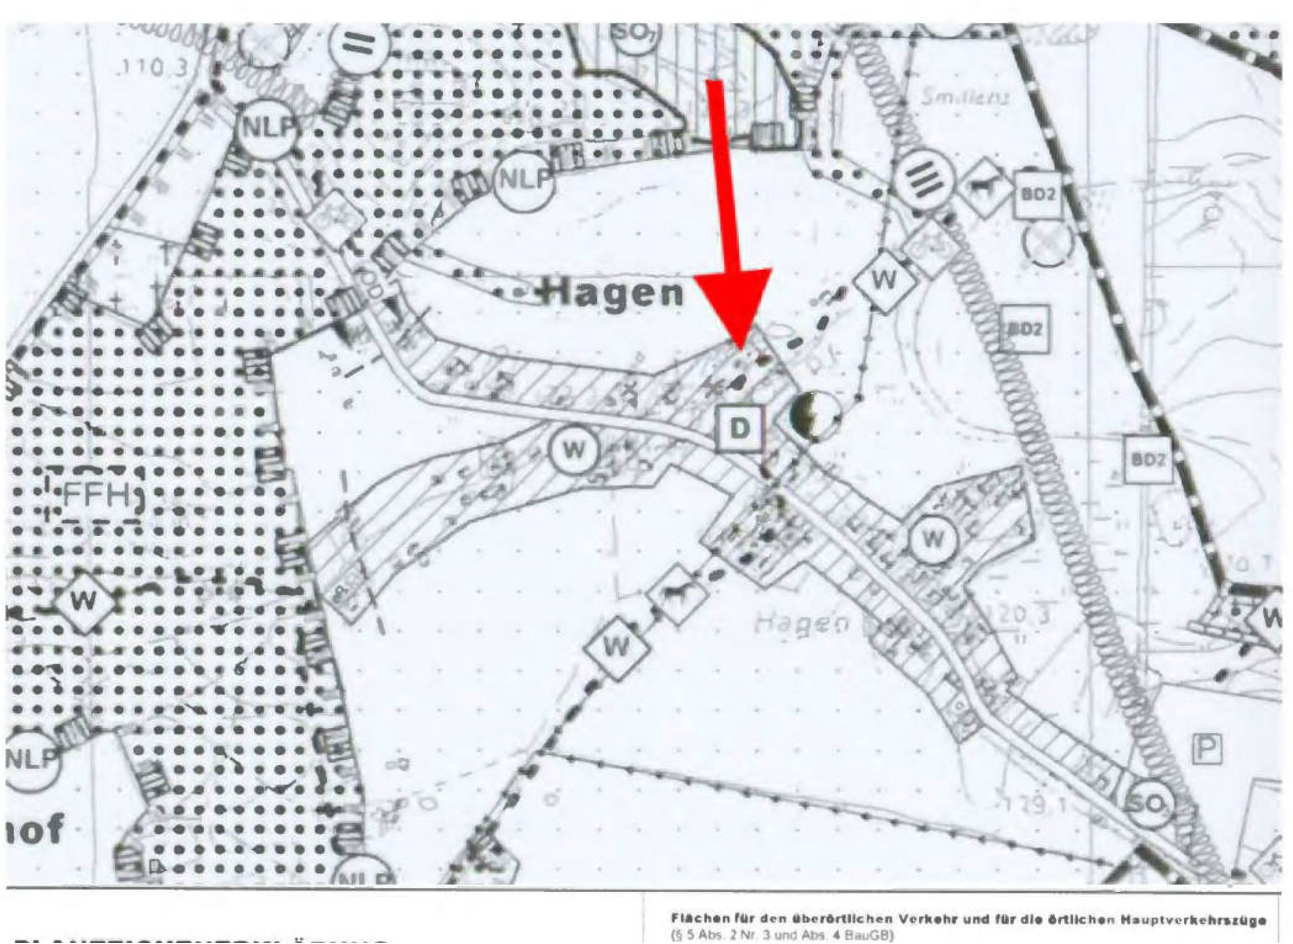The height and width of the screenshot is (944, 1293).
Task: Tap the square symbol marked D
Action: point(739,428)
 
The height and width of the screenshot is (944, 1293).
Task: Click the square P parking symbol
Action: point(1207,749)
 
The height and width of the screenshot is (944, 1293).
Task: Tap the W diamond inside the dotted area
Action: point(84,601)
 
